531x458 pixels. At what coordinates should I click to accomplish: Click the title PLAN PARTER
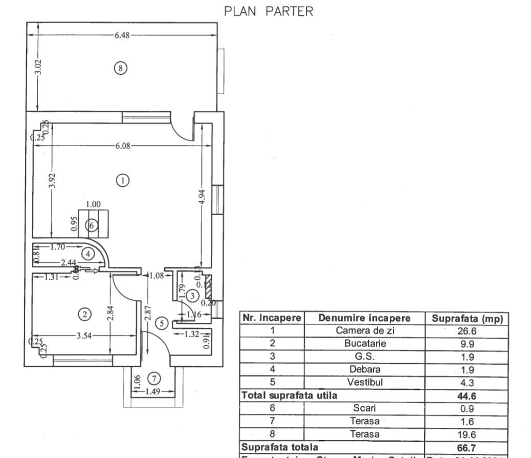point(269,12)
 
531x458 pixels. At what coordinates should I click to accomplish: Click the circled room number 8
point(120,68)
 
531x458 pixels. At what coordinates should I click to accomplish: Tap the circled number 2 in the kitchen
point(84,314)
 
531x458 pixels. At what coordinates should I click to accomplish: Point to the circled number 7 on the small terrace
point(153,379)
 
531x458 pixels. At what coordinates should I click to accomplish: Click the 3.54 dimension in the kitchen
point(85,336)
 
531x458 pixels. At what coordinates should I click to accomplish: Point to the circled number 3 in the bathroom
point(192,296)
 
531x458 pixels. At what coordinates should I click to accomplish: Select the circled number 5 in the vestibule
point(162,323)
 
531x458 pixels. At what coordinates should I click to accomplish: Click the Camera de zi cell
point(364,331)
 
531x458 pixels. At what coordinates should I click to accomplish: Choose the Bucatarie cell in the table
point(364,344)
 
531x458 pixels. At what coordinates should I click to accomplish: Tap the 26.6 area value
point(467,331)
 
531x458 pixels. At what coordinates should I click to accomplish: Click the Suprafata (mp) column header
point(467,318)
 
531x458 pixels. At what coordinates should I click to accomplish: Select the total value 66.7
point(467,447)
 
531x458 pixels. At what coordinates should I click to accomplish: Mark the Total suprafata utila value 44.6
point(467,395)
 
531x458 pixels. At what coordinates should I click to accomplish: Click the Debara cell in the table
point(364,369)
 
